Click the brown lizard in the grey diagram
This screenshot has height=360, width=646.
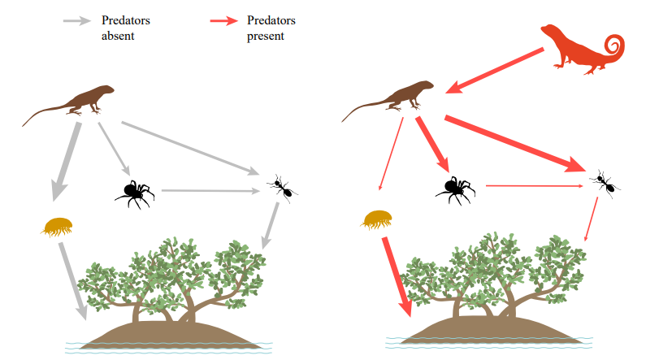pos(77,102)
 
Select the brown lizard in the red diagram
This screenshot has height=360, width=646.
pos(398,99)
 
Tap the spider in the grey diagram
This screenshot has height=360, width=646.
pos(134,193)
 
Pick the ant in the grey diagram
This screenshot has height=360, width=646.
pos(280,188)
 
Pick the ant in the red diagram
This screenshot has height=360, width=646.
pos(603,184)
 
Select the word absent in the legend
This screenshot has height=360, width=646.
pos(118,37)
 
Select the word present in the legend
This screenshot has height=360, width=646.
pos(265,37)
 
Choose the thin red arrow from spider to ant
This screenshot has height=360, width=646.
pos(533,187)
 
